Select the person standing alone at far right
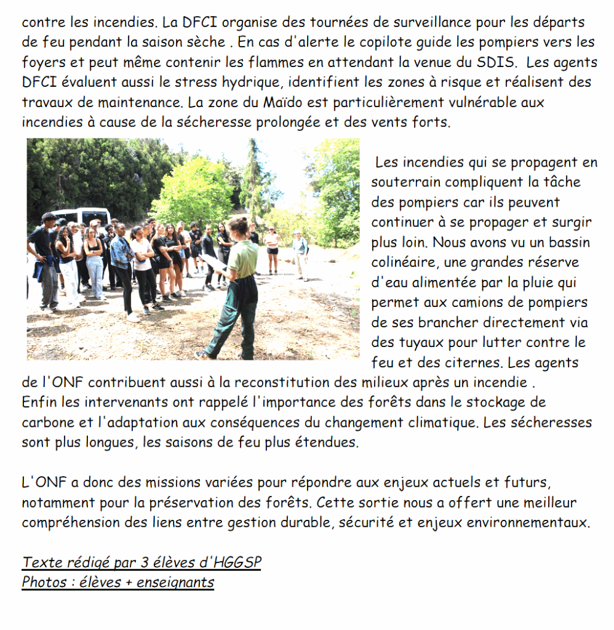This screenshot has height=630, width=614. [300, 252]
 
